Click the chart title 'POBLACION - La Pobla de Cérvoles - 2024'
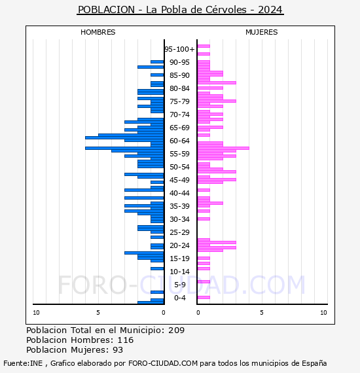tap(180, 10)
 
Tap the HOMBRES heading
tap(98, 32)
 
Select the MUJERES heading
tap(262, 32)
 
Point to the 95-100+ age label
tap(179, 49)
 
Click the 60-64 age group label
tap(179, 141)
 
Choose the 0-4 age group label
tap(179, 298)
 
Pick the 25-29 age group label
tap(179, 232)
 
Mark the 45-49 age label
tap(179, 180)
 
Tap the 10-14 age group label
tap(179, 272)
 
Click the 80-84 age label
tap(179, 88)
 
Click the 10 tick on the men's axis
tap(36, 313)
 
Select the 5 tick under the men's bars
tap(98, 313)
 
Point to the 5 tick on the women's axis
tap(262, 313)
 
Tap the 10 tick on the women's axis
tap(323, 313)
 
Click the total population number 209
tap(176, 330)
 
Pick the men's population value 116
tap(126, 340)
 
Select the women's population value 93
tap(118, 350)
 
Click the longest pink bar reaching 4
tap(223, 148)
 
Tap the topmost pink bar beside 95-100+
tap(204, 46)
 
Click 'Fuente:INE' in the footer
tap(23, 363)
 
